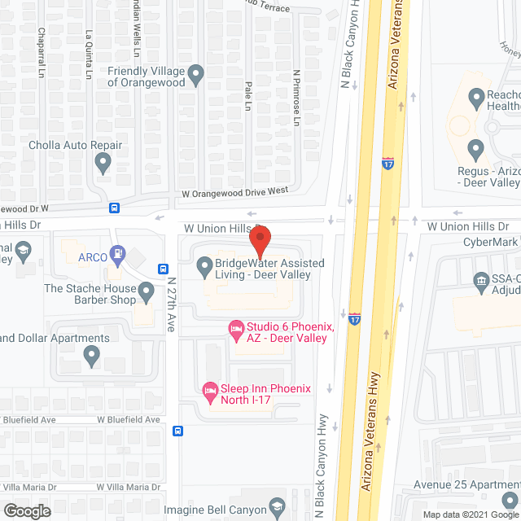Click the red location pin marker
coord(259,242)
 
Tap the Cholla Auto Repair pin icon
coord(103,164)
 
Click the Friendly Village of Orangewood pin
coord(196,77)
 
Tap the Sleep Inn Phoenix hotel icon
coord(210,390)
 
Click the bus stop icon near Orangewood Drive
coord(115,208)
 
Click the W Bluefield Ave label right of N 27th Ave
coord(129,419)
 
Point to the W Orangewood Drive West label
coord(234,192)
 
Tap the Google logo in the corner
coord(27,511)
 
